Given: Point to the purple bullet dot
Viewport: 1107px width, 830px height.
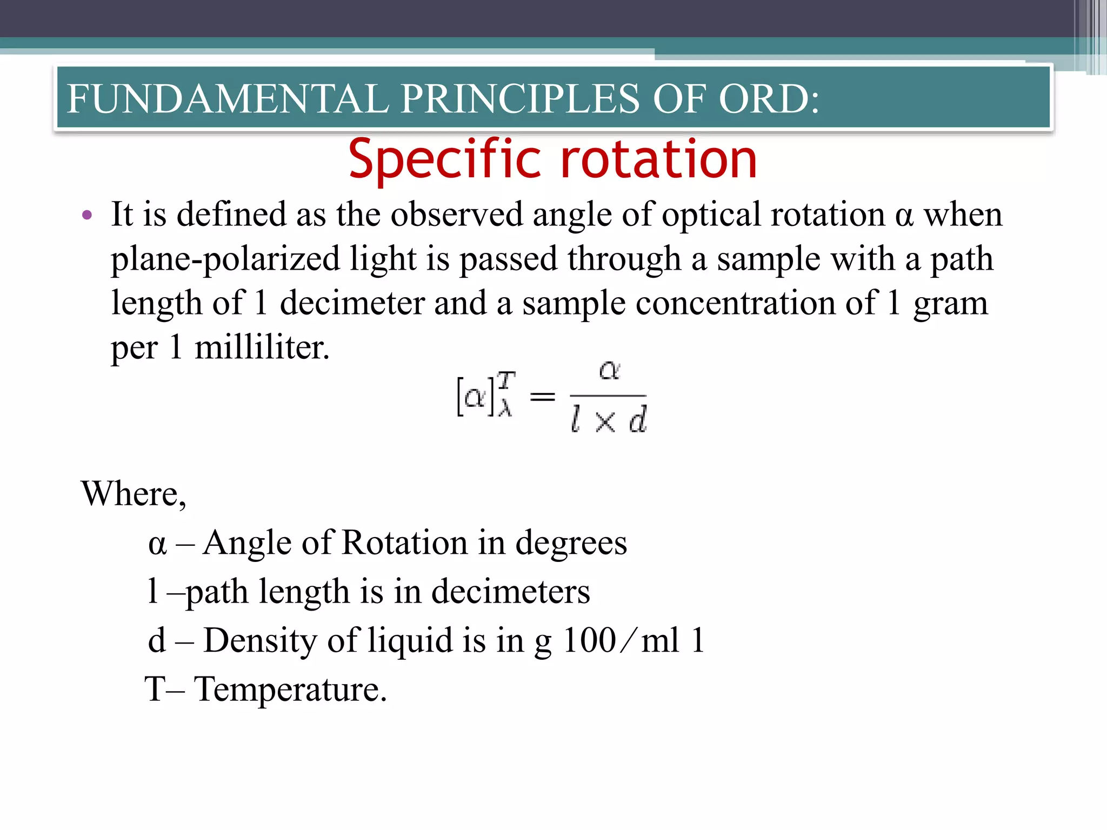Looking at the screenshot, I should coord(87,216).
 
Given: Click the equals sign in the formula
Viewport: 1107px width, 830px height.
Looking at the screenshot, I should coord(542,398).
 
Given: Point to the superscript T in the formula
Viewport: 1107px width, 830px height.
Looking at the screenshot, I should coord(506,380).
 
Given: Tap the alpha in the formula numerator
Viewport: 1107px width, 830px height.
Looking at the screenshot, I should coord(609,371).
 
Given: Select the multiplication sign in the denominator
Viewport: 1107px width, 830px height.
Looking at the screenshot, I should coord(605,421).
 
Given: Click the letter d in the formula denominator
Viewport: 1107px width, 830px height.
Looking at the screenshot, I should coord(638,420).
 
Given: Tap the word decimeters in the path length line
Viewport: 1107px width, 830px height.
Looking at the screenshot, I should coord(510,592).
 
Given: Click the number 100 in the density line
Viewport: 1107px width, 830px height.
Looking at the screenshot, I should coord(589,641).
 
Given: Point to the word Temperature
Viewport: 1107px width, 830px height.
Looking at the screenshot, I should coord(290,690).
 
